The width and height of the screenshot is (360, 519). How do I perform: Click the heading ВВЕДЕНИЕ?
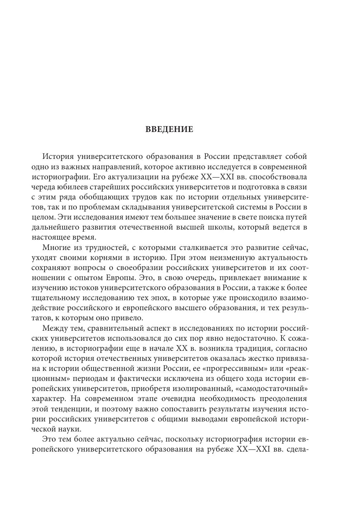[169, 129]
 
